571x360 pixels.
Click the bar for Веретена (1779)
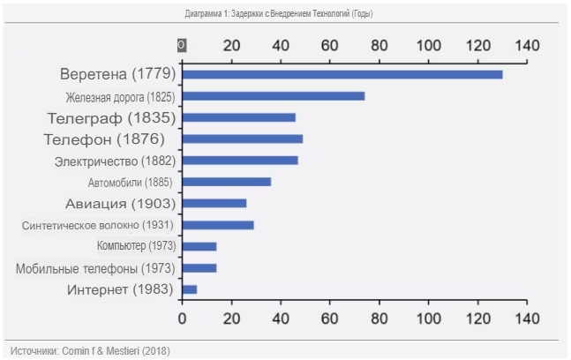(342, 74)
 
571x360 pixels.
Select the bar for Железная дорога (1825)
(273, 96)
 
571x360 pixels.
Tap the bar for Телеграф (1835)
(238, 117)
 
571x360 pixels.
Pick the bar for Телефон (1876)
(242, 139)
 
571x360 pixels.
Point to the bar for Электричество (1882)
(239, 161)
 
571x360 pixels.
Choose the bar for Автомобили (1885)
(226, 182)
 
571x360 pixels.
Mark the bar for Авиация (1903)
(214, 204)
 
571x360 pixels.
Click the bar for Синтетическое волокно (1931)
(217, 225)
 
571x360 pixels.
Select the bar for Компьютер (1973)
(199, 246)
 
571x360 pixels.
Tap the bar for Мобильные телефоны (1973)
(199, 268)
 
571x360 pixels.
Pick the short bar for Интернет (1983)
(189, 289)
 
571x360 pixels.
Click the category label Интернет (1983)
(121, 289)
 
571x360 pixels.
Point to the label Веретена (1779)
(118, 74)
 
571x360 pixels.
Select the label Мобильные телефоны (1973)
(95, 268)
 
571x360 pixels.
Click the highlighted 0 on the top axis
(181, 45)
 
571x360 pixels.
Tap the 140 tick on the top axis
(527, 45)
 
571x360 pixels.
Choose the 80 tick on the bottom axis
(379, 318)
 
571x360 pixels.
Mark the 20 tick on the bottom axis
(231, 318)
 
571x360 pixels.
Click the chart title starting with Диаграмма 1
(285, 14)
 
